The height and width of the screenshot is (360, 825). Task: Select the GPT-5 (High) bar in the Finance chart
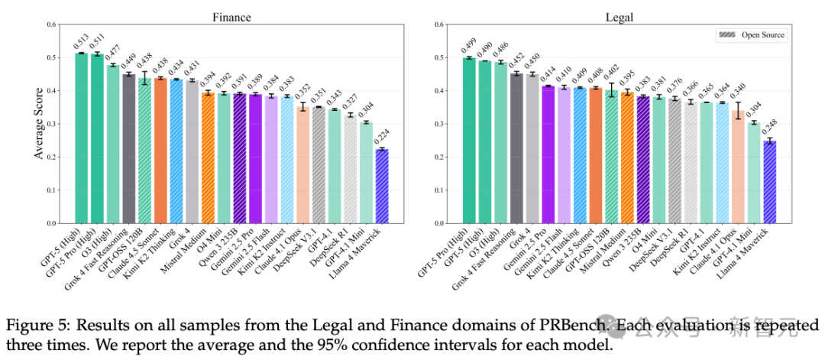[x=81, y=138]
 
